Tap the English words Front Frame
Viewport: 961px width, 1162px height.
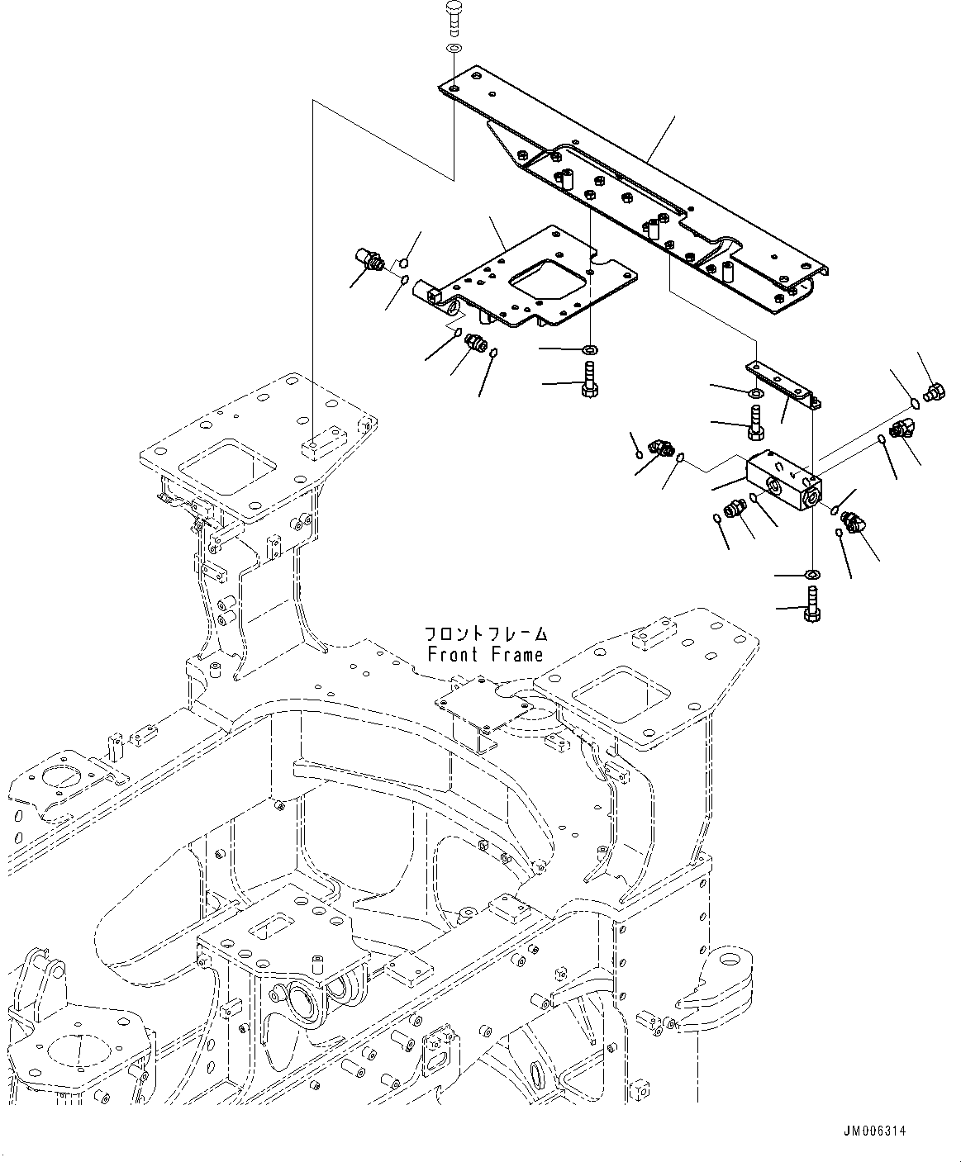tap(485, 655)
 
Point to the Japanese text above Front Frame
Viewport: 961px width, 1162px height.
tap(485, 634)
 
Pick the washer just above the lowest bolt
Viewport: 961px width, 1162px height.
tap(811, 574)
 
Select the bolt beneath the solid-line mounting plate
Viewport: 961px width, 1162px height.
tap(590, 382)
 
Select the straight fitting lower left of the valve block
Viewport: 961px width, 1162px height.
tap(732, 511)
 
